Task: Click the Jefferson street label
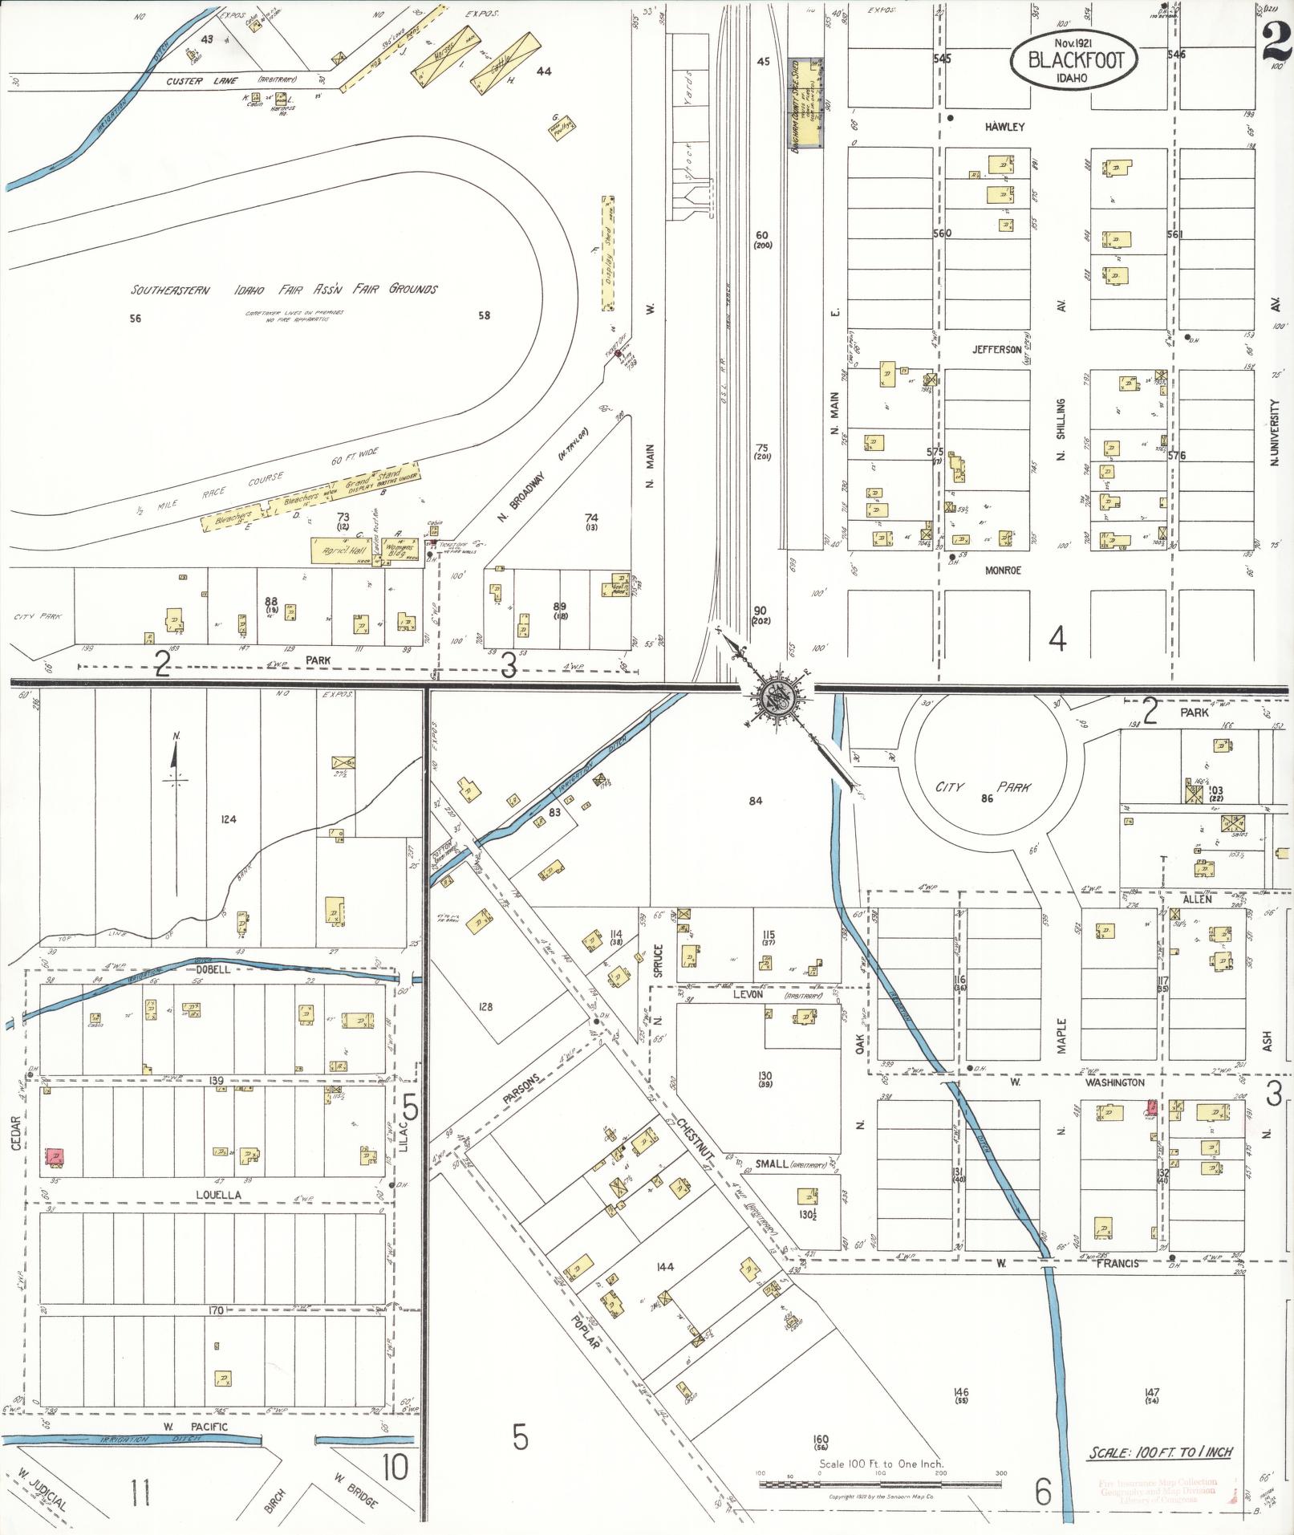(x=997, y=350)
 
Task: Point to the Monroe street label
(x=1005, y=570)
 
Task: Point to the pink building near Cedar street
(x=55, y=1156)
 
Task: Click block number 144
(x=664, y=1267)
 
